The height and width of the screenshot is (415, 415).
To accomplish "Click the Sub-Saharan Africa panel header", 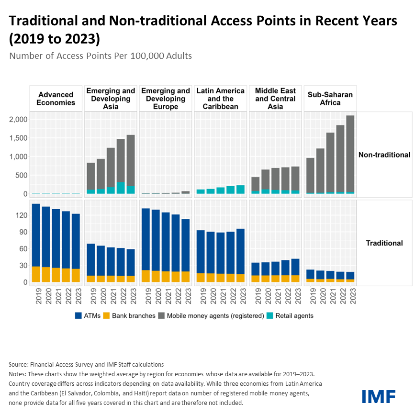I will coord(330,98).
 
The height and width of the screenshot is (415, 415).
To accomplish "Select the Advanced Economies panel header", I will coord(56,98).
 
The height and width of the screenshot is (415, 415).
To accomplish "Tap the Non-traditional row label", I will coord(384,155).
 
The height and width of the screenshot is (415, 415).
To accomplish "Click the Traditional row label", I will coord(384,243).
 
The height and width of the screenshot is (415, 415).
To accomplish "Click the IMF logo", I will coord(379,396).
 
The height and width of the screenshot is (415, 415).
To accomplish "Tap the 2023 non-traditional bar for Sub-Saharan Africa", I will coord(350,153).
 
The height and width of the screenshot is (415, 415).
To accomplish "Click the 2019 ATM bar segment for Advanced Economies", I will coord(36,235).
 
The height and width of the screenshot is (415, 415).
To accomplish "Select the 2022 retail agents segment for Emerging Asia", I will coord(121,188).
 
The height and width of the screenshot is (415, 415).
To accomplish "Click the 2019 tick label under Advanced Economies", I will coord(36,295).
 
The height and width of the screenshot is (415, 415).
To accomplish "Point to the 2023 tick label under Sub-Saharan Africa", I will coord(350,295).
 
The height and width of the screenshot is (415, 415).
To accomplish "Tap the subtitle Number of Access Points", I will coord(101,56).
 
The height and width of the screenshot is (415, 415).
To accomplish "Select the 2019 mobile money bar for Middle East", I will coord(256,184).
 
